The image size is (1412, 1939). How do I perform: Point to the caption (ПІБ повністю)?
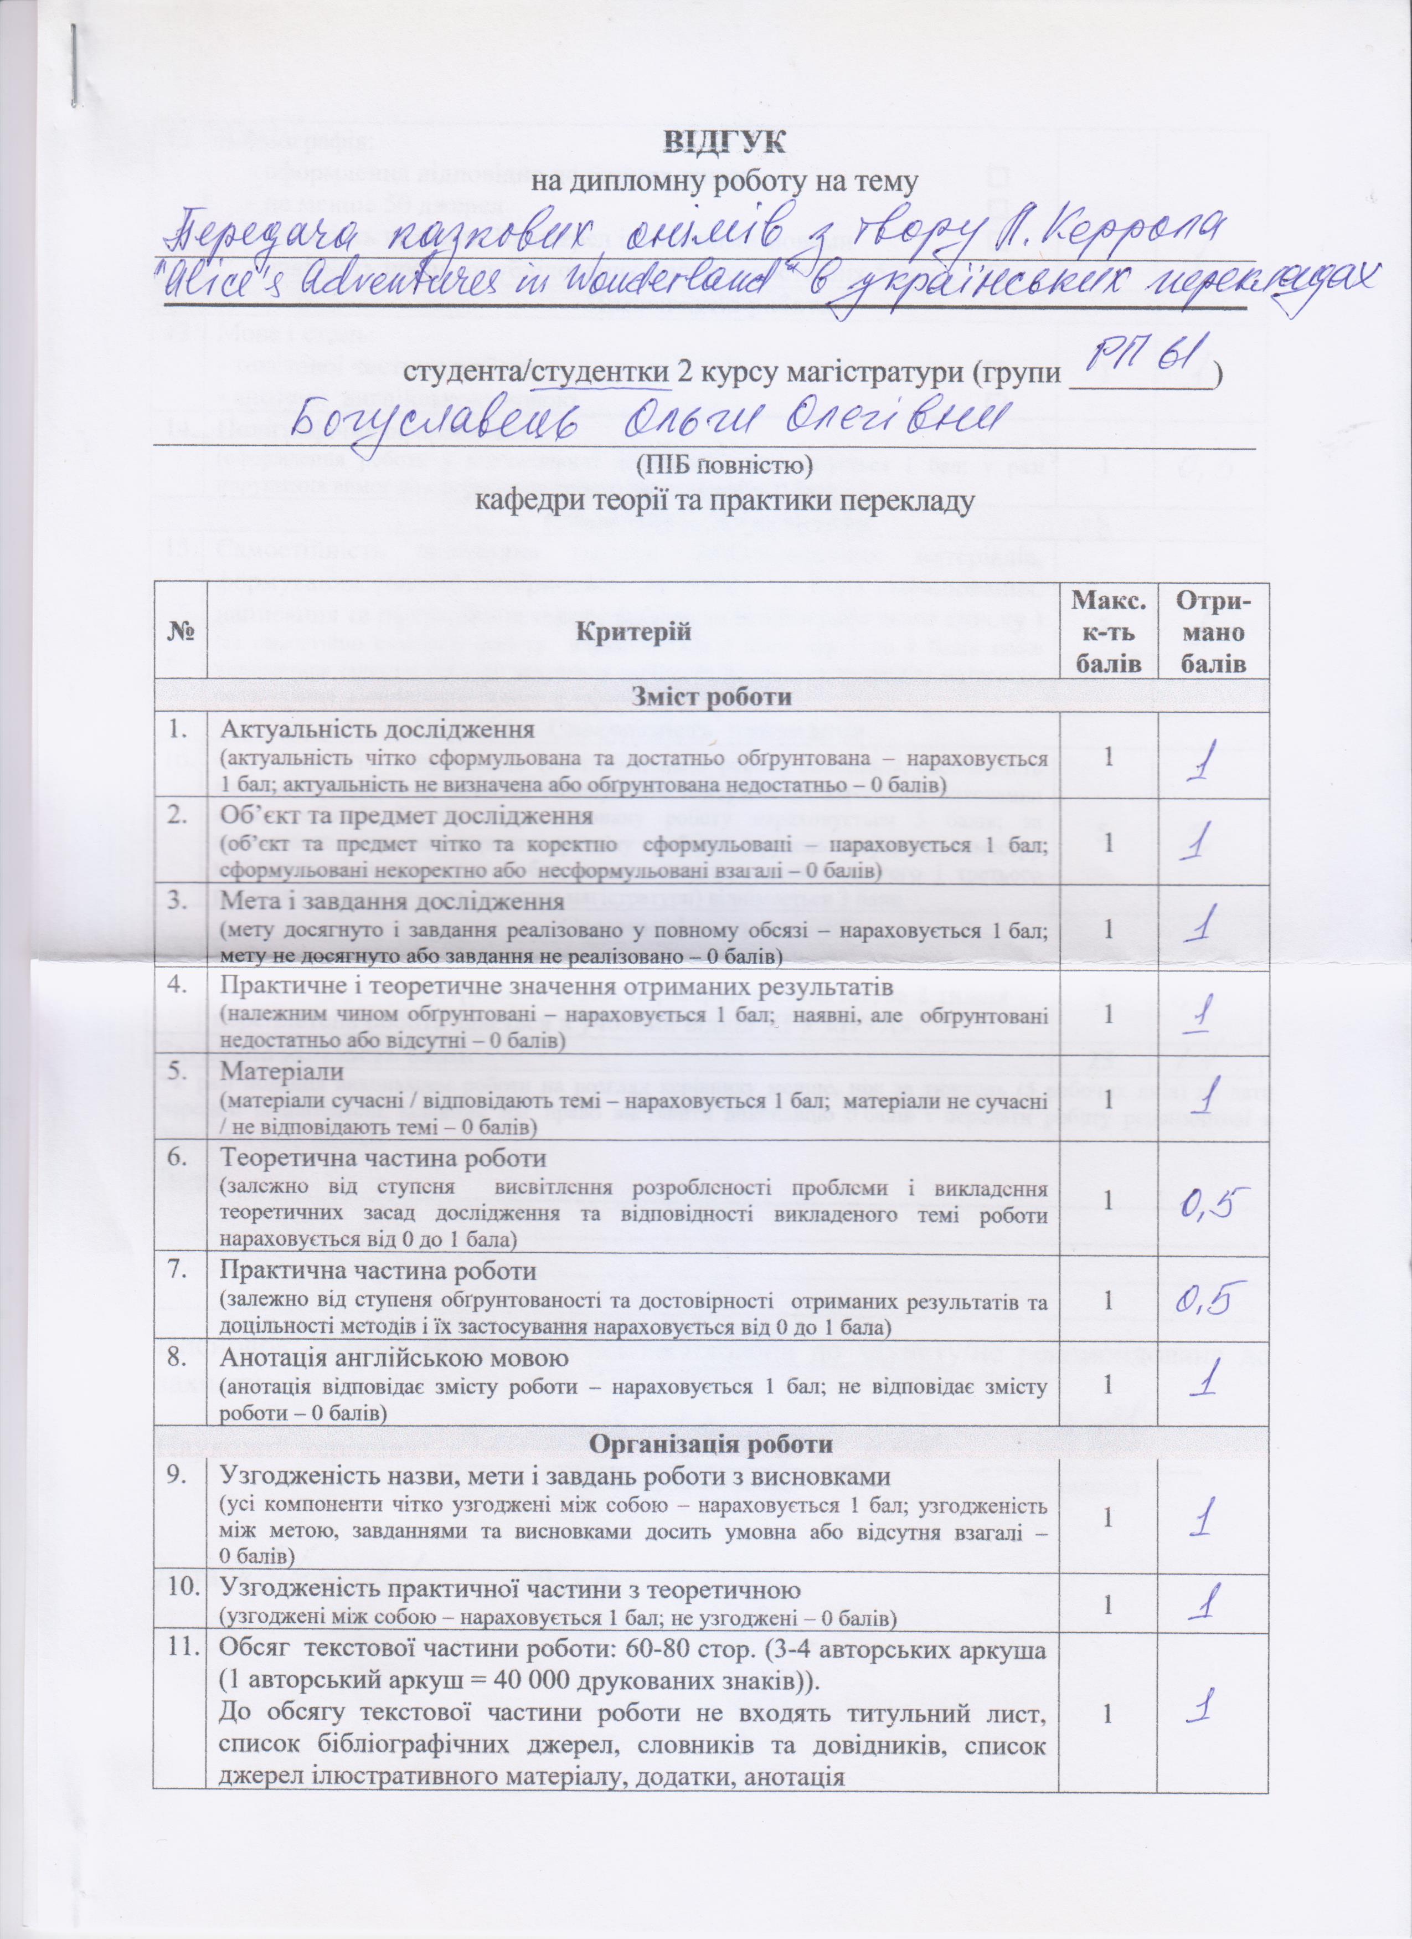[724, 467]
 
